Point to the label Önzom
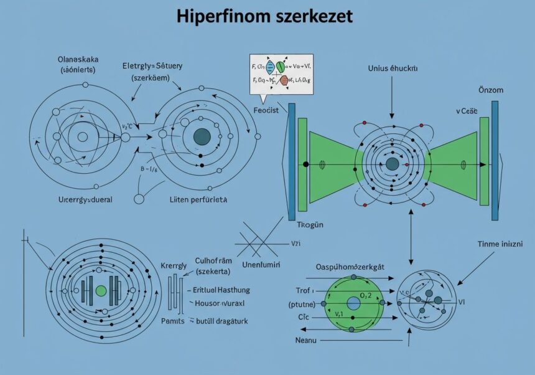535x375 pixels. click(491, 90)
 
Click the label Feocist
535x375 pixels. click(266, 110)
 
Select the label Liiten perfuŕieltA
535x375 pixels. click(199, 201)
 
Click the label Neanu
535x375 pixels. click(305, 340)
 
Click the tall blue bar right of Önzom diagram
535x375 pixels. click(495, 161)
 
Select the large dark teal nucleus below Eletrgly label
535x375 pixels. click(202, 137)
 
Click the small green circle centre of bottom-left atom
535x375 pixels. click(101, 291)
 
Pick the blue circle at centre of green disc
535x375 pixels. click(353, 303)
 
